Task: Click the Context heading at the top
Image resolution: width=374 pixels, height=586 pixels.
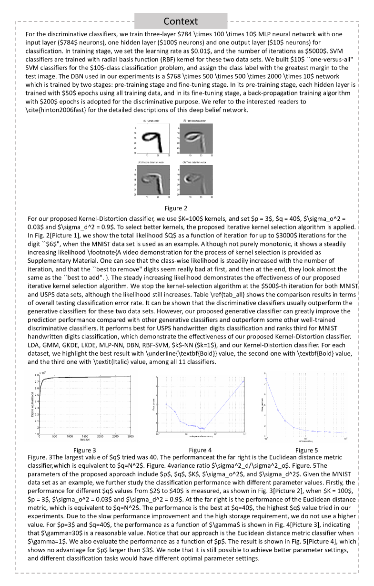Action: pyautogui.click(x=181, y=21)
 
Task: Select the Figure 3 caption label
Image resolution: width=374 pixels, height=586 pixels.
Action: pyautogui.click(x=85, y=450)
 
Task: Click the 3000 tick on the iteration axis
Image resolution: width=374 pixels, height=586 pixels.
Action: pyautogui.click(x=131, y=436)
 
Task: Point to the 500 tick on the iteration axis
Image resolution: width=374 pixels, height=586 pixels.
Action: pyautogui.click(x=54, y=436)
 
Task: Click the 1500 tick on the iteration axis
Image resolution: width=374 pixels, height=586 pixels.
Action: pyautogui.click(x=85, y=436)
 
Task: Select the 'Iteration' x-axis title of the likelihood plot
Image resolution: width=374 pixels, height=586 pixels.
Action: pyautogui.click(x=85, y=440)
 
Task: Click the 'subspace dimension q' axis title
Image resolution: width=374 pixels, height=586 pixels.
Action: pyautogui.click(x=200, y=436)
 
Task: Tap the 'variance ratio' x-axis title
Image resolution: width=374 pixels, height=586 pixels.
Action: pyautogui.click(x=305, y=436)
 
